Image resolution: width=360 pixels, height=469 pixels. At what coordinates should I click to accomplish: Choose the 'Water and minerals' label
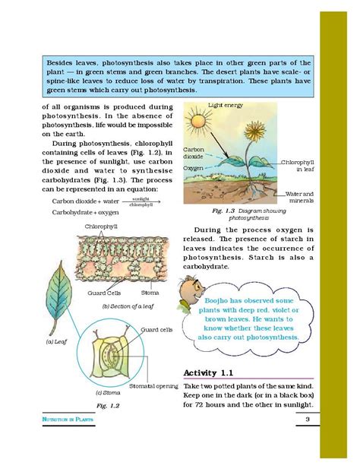click(x=298, y=197)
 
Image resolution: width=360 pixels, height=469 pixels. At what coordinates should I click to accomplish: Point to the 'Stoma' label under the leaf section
click(x=150, y=293)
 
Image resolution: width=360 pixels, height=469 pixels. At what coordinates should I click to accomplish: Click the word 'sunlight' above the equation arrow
click(x=140, y=198)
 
